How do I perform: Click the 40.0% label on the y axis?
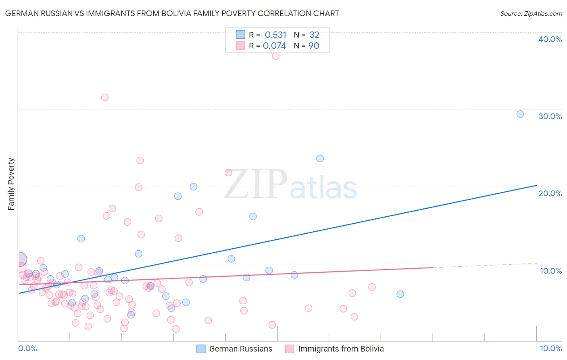tap(550, 39)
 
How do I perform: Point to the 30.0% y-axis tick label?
tap(550, 116)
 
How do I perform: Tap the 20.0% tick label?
tap(550, 193)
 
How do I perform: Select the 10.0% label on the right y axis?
tap(550, 271)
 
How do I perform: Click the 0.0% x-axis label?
tap(27, 348)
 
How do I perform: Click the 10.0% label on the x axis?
tap(550, 348)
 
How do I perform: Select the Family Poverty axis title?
tap(11, 184)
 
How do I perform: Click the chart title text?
tap(172, 13)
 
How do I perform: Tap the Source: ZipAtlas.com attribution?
tap(531, 13)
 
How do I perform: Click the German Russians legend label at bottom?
tap(241, 349)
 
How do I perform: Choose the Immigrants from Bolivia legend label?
tap(341, 349)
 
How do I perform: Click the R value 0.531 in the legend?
tap(275, 35)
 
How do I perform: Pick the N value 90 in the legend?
tap(314, 46)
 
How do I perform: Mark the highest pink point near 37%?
tap(275, 56)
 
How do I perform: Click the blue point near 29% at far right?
tap(520, 114)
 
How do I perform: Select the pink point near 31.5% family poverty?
tap(105, 97)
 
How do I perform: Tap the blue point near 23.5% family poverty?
tap(320, 158)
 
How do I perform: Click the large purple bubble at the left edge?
tap(19, 259)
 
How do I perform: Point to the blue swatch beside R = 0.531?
tap(240, 35)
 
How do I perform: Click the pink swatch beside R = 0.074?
tap(240, 46)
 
